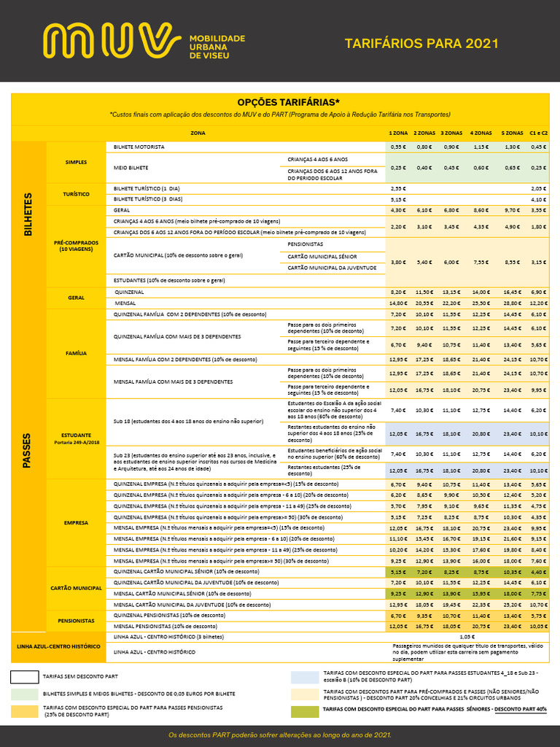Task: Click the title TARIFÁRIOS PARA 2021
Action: [x=421, y=43]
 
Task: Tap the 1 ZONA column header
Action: [x=398, y=133]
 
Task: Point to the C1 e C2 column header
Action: [x=538, y=133]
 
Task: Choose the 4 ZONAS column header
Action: [x=481, y=133]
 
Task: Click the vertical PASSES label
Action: [x=28, y=449]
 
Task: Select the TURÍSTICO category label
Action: [x=76, y=194]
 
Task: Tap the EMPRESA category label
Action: [x=76, y=522]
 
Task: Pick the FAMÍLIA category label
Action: [x=76, y=353]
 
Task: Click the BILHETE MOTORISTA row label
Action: [x=139, y=147]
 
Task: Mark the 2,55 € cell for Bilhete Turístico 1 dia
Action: [x=398, y=188]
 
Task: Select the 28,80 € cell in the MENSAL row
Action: [x=513, y=303]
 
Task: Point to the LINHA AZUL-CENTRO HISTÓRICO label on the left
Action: [x=58, y=646]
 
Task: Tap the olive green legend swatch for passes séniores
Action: [x=304, y=711]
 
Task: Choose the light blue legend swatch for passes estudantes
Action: [x=304, y=676]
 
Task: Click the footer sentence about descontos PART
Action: [x=280, y=735]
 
